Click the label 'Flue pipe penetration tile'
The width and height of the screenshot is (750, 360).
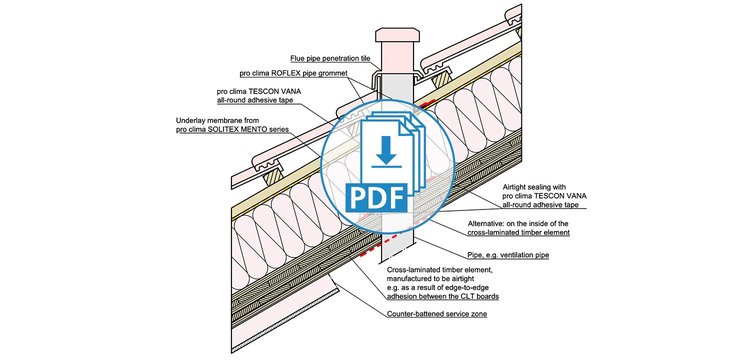pos(331,59)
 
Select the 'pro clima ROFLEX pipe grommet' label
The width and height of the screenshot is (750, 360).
pos(293,74)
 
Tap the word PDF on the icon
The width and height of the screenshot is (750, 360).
pos(376,197)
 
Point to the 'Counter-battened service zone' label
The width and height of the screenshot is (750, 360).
pos(437,314)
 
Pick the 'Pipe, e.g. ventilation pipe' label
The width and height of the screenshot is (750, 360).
pos(507,255)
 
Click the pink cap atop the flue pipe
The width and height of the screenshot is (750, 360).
pos(397,35)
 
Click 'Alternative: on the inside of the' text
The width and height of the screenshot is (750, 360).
pos(517,223)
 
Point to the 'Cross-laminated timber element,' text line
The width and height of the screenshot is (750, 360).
pos(439,270)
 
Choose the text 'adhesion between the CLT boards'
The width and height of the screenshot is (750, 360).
pos(442,296)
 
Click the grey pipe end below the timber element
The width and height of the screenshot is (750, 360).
pos(397,250)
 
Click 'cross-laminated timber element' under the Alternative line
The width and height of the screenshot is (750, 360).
pos(518,232)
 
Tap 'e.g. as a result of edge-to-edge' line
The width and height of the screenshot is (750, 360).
pos(438,288)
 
